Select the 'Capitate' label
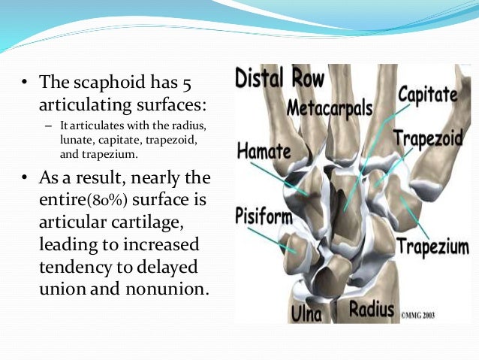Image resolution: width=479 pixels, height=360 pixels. [x=427, y=95]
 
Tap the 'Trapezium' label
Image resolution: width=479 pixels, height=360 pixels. [x=432, y=247]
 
